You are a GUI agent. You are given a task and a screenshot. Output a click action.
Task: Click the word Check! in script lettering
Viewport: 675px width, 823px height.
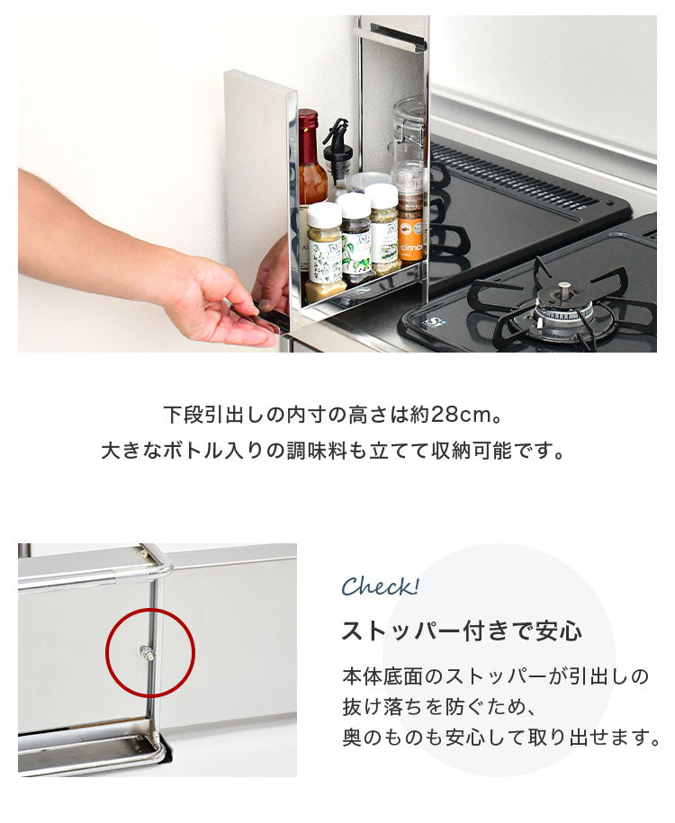(x=380, y=587)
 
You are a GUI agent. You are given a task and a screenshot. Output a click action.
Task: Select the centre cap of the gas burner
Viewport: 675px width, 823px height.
(x=563, y=290)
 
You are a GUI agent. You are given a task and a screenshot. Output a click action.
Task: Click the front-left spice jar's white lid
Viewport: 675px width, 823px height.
(x=324, y=214)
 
